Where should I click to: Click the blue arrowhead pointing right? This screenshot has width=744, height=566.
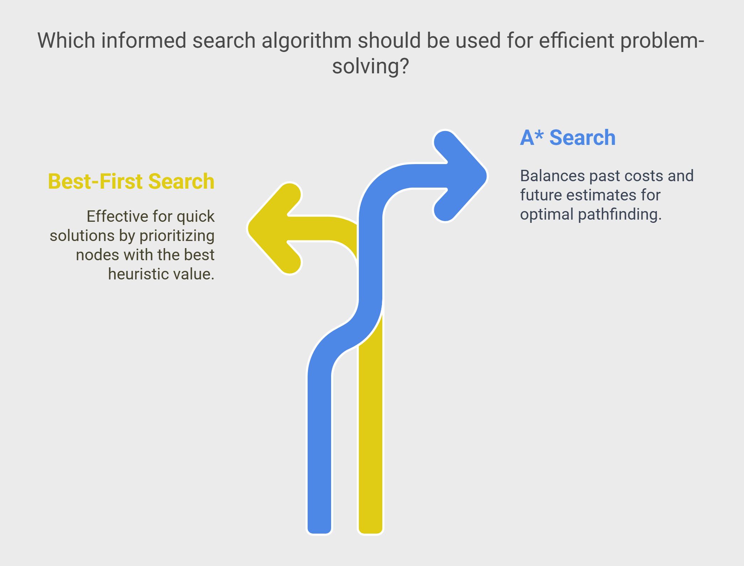point(462,176)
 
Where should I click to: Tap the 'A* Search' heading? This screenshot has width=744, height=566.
point(568,138)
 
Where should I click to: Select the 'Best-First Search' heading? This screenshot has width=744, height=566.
point(131,181)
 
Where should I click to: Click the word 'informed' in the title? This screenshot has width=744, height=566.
point(143,40)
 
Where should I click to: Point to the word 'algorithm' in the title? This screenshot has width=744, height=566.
point(307,41)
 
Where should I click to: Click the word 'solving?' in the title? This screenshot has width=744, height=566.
point(371,66)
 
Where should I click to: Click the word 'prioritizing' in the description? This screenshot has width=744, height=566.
point(177,236)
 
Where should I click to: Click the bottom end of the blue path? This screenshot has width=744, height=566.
point(319,533)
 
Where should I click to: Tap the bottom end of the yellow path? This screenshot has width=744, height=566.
point(371,533)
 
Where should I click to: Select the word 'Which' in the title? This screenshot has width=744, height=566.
point(66,40)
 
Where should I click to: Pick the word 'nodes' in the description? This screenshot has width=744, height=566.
point(97,255)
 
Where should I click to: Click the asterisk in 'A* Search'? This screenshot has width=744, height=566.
point(539,134)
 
